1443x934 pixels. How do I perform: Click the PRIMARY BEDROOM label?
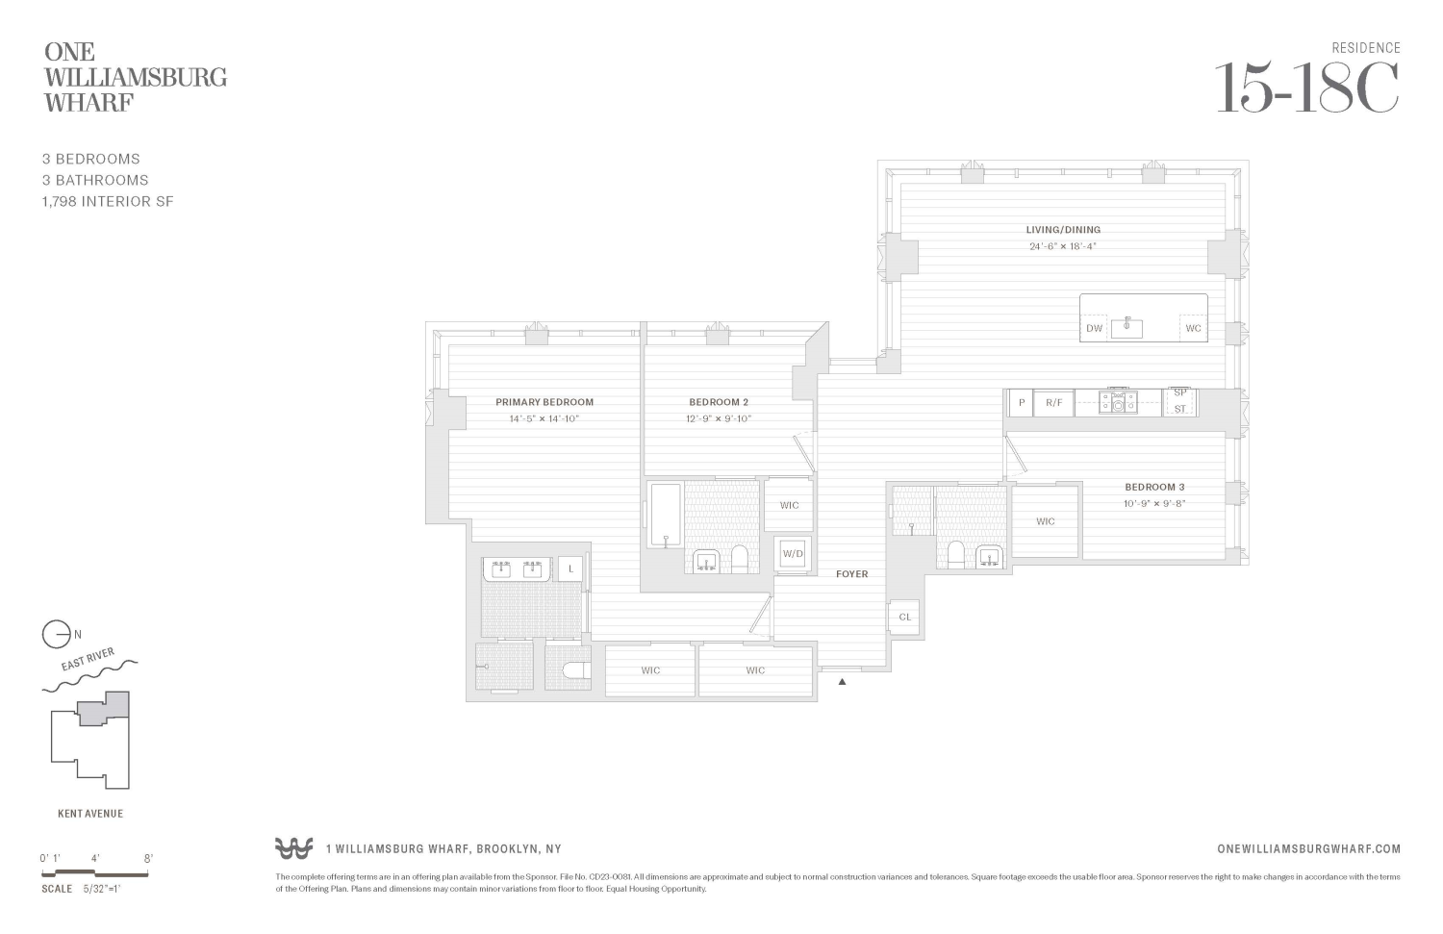click(x=544, y=402)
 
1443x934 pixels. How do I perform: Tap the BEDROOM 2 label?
click(x=719, y=402)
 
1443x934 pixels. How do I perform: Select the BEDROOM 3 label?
click(x=1154, y=487)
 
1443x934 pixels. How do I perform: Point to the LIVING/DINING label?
click(x=1063, y=230)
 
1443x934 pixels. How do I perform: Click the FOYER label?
click(x=851, y=574)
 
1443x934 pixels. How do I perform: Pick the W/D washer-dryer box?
click(x=793, y=554)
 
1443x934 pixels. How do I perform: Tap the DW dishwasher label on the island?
click(x=1094, y=328)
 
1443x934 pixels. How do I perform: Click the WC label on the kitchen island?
click(x=1193, y=328)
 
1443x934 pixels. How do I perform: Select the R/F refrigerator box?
click(x=1054, y=403)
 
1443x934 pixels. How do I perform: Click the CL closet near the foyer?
click(x=905, y=618)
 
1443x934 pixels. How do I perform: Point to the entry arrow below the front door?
click(x=843, y=682)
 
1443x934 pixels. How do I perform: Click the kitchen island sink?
click(x=1127, y=327)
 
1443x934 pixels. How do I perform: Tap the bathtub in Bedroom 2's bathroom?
click(x=665, y=515)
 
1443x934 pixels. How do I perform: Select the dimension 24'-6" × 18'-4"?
click(x=1063, y=246)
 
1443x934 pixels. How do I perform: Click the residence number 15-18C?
click(x=1306, y=88)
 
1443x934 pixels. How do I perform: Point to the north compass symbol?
click(x=57, y=635)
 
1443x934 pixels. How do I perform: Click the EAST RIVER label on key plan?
click(x=88, y=661)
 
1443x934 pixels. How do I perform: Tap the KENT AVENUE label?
click(x=90, y=814)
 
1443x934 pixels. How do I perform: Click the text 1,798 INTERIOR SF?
click(x=108, y=201)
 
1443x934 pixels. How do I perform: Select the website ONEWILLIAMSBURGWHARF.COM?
click(x=1308, y=848)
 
